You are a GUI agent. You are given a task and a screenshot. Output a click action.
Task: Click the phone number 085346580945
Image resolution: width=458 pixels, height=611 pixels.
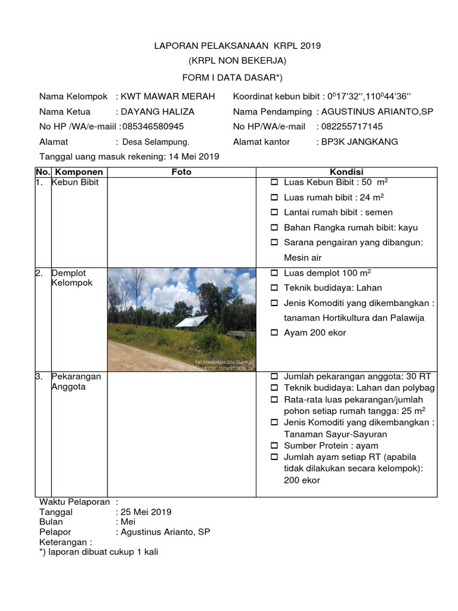click(153, 126)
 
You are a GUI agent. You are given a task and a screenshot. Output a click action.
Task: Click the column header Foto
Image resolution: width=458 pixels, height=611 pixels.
click(181, 172)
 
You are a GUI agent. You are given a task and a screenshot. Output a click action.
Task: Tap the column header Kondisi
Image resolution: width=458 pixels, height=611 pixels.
click(346, 172)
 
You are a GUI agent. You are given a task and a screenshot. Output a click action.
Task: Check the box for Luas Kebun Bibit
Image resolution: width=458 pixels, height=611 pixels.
click(274, 182)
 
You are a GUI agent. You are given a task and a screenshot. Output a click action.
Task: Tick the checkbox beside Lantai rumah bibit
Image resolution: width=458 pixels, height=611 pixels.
click(274, 212)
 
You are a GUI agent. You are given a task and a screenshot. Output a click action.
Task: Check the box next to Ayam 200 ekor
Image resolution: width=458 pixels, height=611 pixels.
click(274, 333)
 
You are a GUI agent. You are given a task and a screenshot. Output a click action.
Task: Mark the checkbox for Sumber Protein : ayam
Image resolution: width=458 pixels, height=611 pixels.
click(274, 446)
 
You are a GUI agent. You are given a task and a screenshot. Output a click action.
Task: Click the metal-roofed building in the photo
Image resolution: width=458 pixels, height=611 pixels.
click(192, 322)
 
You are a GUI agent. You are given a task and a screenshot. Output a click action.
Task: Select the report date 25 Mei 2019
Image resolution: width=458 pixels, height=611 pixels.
click(146, 512)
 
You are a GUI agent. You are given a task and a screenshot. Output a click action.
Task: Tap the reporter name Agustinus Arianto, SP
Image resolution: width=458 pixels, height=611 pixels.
click(165, 532)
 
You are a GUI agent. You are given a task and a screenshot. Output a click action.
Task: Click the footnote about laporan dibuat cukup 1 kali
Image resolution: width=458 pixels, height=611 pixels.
click(98, 552)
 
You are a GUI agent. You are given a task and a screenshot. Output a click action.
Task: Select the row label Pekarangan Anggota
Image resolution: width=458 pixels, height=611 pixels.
click(76, 382)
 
